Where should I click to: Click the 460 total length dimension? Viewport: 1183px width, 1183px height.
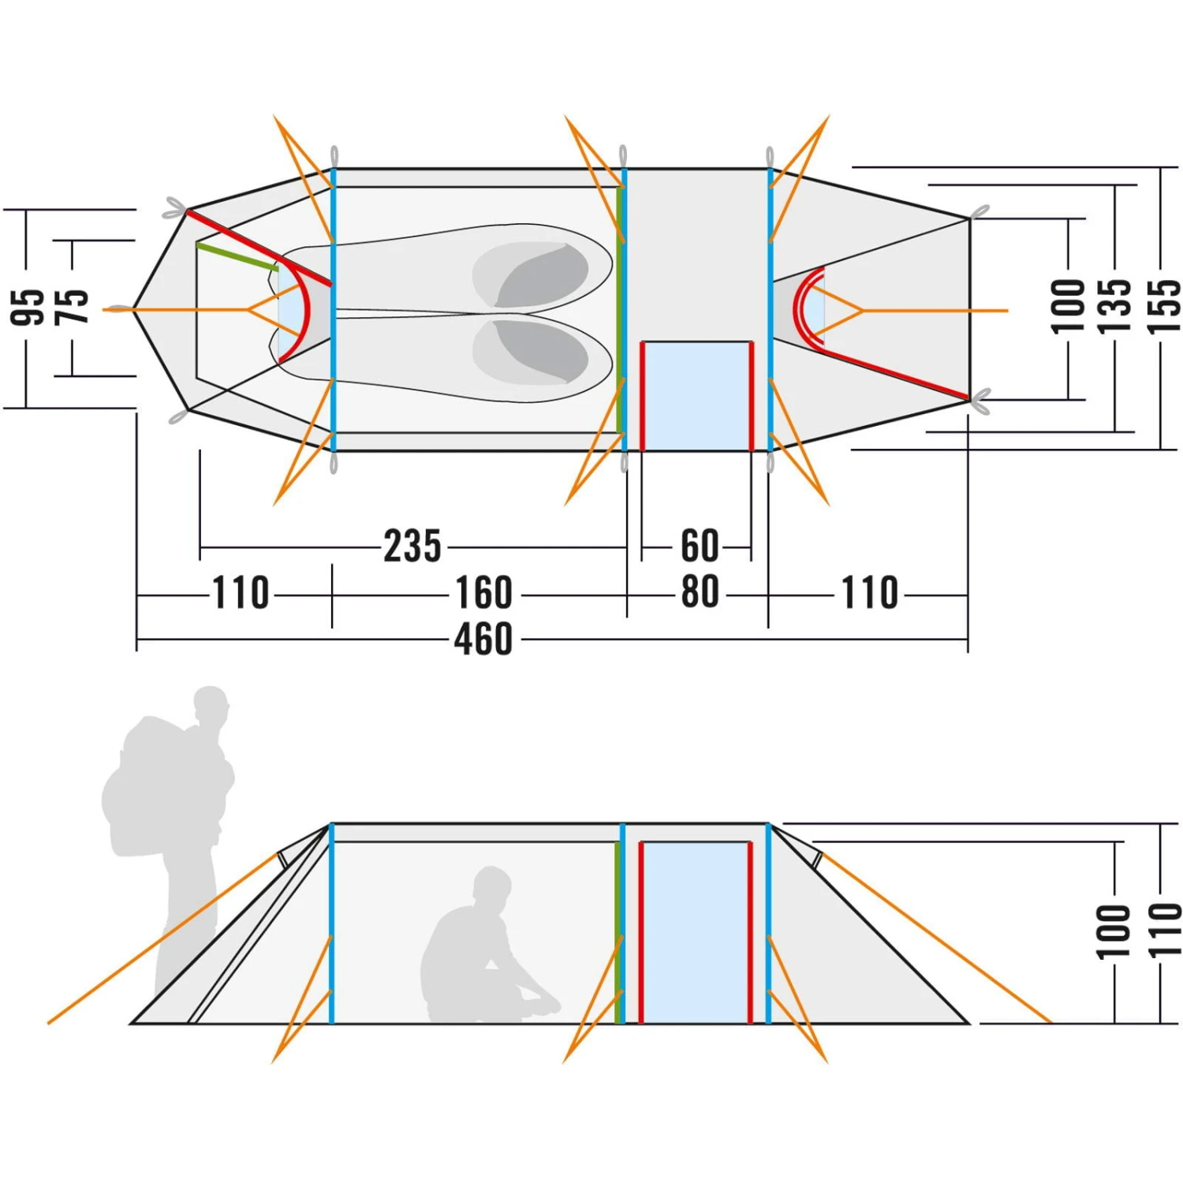(x=483, y=639)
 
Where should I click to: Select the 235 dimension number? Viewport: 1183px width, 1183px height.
(x=412, y=546)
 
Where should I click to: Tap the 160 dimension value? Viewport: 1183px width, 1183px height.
(x=483, y=593)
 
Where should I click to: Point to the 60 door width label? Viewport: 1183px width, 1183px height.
(x=699, y=546)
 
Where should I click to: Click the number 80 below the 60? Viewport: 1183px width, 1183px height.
(x=699, y=592)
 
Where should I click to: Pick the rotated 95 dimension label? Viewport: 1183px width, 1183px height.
(x=28, y=308)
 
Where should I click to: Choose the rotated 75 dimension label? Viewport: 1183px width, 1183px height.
(x=73, y=308)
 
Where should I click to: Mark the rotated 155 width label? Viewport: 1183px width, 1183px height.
(x=1163, y=308)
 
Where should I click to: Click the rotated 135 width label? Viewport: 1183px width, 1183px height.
(x=1114, y=308)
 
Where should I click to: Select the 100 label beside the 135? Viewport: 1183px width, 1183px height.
(x=1069, y=308)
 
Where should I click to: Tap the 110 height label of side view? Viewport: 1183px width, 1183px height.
(x=1163, y=931)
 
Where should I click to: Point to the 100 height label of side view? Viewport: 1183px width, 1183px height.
(x=1114, y=931)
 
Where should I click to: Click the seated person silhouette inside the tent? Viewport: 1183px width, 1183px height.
(x=481, y=954)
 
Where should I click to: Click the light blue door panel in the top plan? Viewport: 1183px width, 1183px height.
(x=696, y=394)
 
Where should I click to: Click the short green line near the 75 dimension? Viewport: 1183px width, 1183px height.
(x=237, y=257)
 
